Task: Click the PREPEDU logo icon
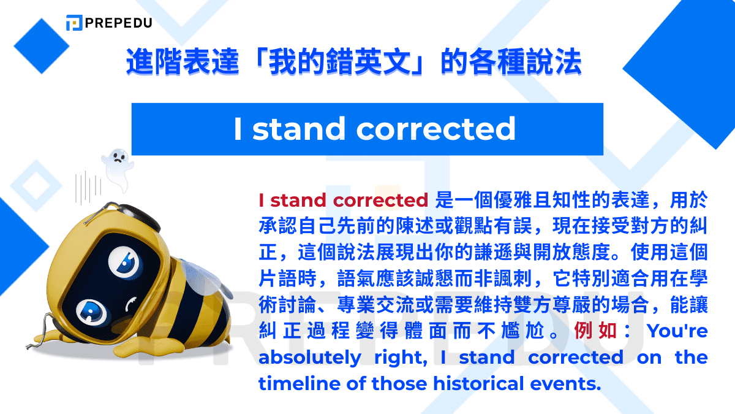(74, 23)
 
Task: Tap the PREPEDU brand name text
(119, 23)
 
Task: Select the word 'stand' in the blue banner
(299, 129)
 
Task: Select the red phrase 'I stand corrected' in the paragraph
(343, 200)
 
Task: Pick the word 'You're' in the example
(677, 331)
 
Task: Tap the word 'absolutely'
(309, 358)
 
